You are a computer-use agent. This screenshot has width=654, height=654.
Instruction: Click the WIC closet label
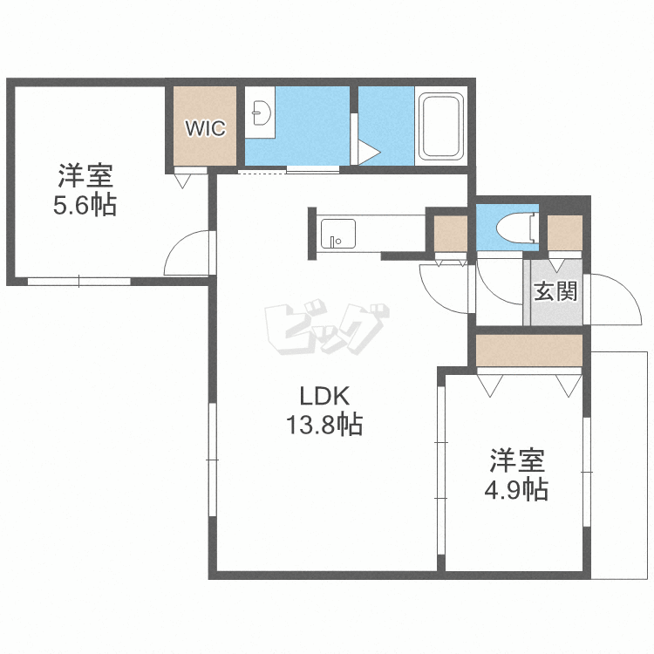pos(205,128)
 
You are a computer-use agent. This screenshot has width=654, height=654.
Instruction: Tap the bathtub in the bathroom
pos(442,126)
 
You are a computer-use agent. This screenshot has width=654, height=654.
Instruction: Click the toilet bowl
pos(516,228)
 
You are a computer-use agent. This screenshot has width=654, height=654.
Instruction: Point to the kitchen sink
pos(337,234)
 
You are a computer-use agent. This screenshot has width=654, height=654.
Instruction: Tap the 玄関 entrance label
pos(555,290)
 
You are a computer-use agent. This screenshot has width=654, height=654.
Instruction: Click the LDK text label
pos(324,397)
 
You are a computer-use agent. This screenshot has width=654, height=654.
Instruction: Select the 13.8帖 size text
pos(324,424)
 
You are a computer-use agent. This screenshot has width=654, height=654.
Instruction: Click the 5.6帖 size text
pos(85,205)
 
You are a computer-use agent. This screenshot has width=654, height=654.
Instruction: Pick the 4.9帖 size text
pos(516,490)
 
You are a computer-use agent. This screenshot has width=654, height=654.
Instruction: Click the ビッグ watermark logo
pos(327,327)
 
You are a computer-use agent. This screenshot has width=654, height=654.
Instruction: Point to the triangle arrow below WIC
pos(182,181)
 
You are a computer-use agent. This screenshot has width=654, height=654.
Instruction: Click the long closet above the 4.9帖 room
pos(529,351)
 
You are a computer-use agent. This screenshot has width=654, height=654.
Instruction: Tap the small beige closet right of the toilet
pos(565,233)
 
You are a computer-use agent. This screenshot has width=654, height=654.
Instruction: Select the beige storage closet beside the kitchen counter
pos(451,234)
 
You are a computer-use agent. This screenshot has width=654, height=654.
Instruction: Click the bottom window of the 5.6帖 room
pos(79,282)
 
